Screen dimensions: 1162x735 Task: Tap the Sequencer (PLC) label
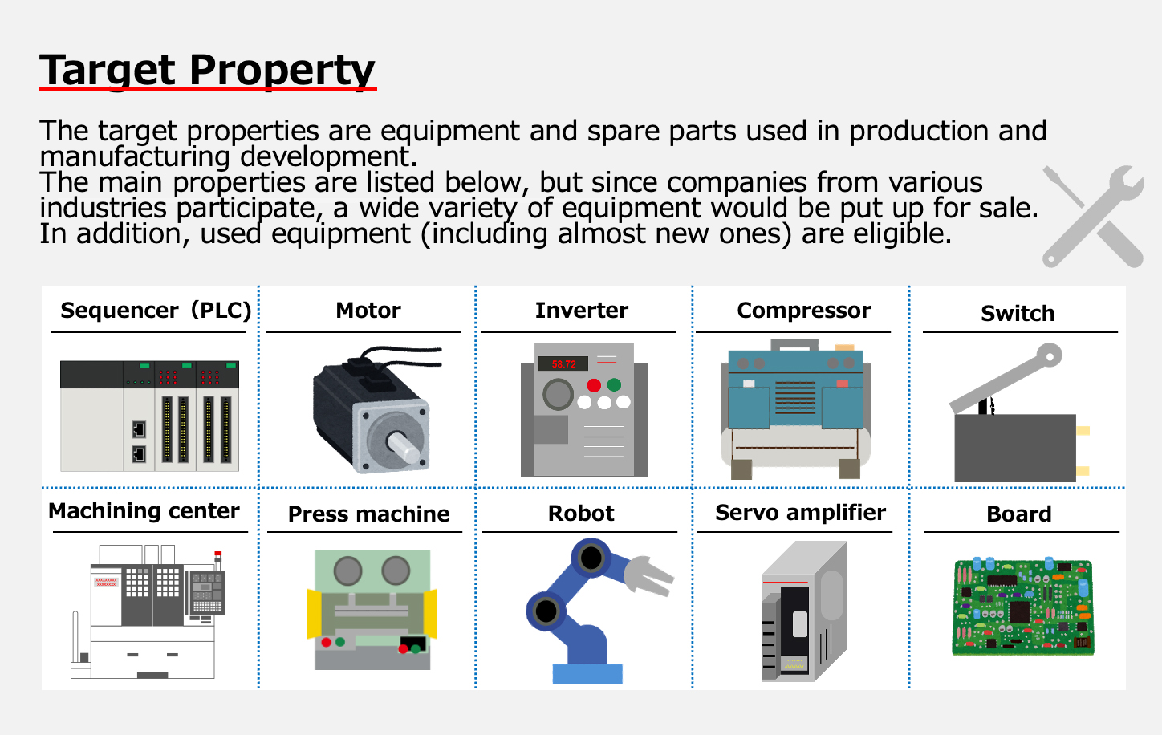coord(156,311)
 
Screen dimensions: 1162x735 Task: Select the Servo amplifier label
coord(800,513)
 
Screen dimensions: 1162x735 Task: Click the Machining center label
coord(144,511)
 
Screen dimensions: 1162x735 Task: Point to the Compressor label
coord(804,311)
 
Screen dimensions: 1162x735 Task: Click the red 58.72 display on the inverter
coord(563,363)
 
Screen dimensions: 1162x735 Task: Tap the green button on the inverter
coord(614,385)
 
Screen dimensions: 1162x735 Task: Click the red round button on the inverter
coord(594,385)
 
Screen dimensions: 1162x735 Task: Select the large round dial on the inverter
coord(559,395)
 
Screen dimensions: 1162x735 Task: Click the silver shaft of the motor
coord(404,448)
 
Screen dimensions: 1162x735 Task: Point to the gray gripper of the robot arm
coord(648,575)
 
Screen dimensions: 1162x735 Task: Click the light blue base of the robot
coord(587,674)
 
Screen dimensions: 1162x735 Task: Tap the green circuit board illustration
coord(1023,606)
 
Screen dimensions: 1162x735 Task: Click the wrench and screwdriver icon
coord(1094,217)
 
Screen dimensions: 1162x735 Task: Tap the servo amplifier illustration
coord(804,611)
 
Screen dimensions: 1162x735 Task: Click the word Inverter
coord(582,311)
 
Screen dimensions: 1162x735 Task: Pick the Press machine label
coord(369,514)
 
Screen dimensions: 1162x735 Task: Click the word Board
coord(1019,514)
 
